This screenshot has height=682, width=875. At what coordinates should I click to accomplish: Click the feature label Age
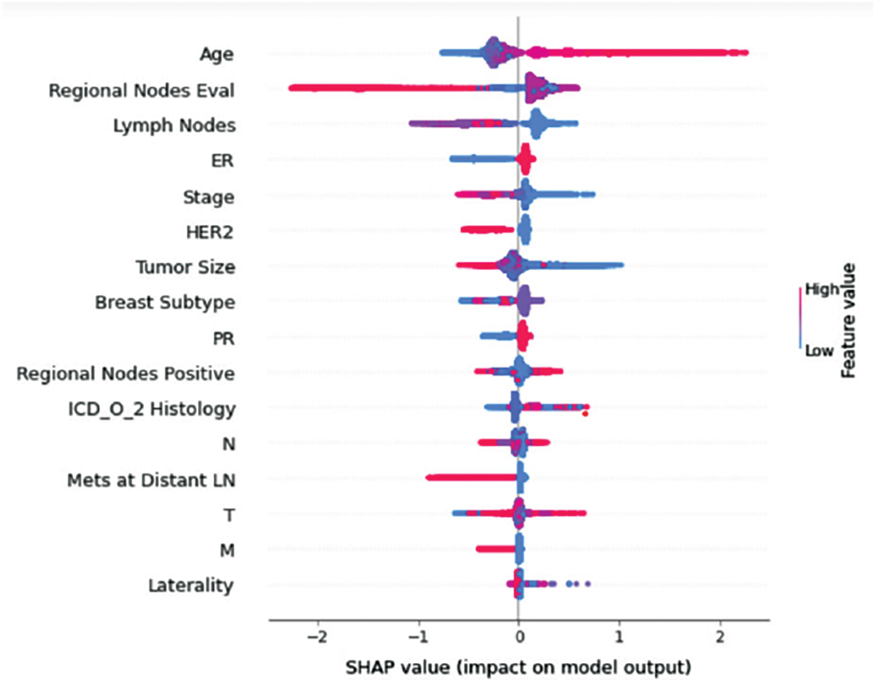[216, 55]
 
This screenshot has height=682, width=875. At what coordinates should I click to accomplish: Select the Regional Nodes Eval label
[141, 90]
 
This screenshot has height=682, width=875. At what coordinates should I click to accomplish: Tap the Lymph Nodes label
[174, 125]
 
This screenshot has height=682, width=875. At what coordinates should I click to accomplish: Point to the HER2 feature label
[209, 233]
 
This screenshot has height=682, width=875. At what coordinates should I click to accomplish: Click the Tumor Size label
[186, 267]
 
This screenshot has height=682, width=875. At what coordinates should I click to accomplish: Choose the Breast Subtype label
[165, 302]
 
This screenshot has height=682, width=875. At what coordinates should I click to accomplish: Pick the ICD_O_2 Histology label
[151, 409]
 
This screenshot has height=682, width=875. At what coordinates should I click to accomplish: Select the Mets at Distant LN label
[151, 480]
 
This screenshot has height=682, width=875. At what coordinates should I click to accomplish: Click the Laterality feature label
[191, 585]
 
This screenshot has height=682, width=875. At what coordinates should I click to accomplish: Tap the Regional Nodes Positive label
[125, 373]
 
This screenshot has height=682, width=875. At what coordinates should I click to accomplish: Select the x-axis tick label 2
[721, 638]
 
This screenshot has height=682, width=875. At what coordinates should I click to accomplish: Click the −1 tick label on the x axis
[418, 638]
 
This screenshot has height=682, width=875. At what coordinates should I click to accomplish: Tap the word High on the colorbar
[822, 289]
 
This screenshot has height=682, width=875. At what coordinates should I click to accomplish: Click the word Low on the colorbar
[819, 350]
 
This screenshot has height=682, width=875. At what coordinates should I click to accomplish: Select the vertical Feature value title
[848, 320]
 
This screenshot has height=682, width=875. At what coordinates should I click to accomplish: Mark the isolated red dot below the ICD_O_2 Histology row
[585, 413]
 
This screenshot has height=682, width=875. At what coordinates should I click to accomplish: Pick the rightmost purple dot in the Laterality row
[588, 584]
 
